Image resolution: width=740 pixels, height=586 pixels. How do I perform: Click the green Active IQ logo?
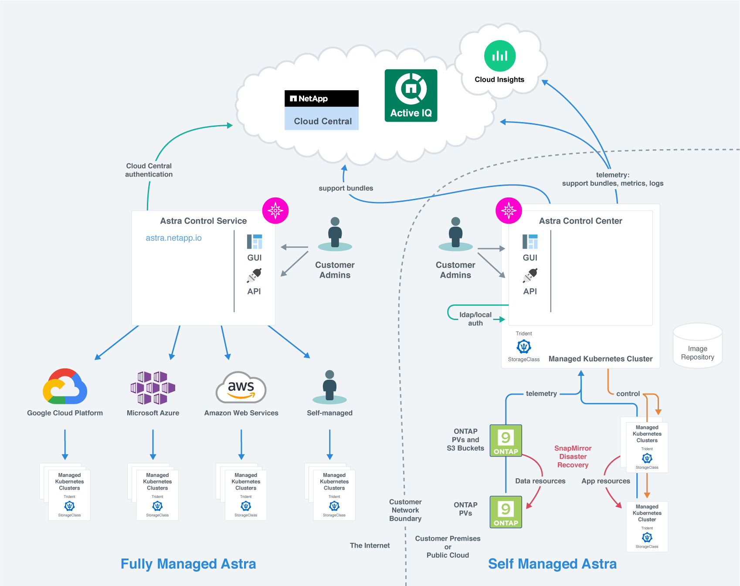(411, 95)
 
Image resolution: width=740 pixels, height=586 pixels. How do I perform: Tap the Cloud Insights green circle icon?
(499, 56)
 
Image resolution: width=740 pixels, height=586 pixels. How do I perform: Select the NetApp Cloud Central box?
(322, 110)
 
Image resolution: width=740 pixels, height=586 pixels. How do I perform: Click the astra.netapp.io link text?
(173, 238)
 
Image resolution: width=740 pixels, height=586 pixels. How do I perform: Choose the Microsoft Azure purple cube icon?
(153, 388)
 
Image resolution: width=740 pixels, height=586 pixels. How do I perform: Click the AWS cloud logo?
(241, 387)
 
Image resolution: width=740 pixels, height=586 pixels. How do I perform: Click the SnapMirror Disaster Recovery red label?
(573, 457)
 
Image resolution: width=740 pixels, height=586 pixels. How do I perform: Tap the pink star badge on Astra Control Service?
(275, 211)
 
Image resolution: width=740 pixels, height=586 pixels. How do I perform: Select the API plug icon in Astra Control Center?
(530, 276)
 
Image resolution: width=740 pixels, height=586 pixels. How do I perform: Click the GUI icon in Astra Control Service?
(255, 242)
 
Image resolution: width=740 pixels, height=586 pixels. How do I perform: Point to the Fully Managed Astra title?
(188, 564)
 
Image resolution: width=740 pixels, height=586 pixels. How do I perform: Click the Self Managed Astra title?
(552, 564)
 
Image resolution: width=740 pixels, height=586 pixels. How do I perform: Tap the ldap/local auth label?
(475, 319)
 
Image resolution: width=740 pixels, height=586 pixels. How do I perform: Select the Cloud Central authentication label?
(149, 170)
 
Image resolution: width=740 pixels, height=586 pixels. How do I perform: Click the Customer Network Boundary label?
(405, 510)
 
